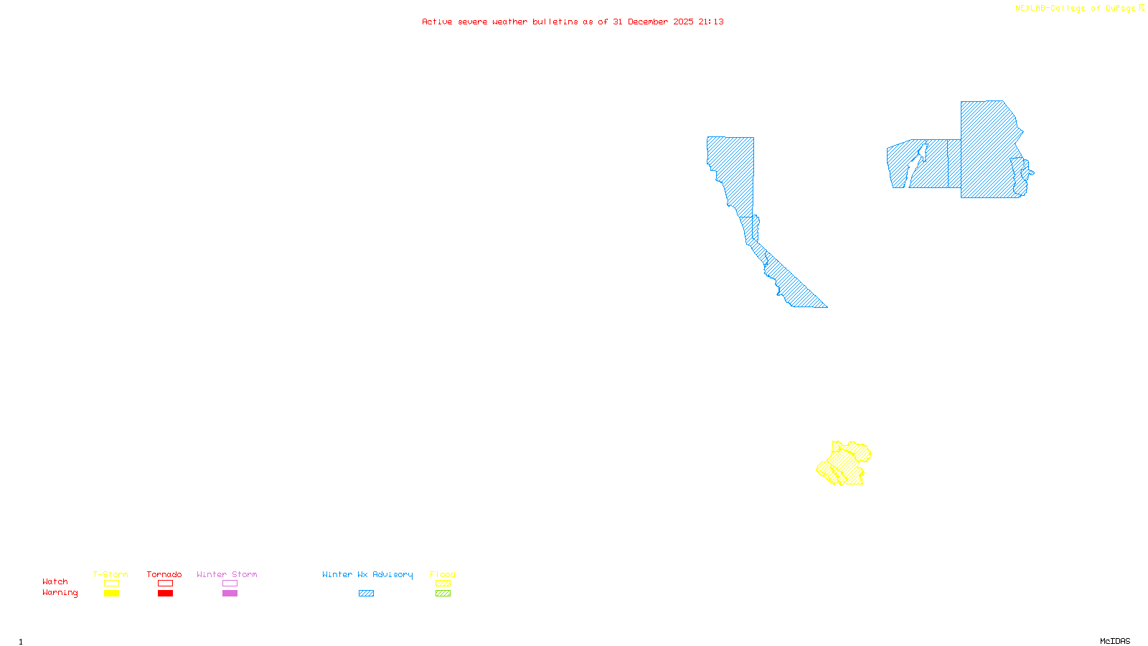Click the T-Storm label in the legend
[110, 574]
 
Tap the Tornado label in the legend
[164, 574]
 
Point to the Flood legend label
[443, 574]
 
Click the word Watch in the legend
[55, 581]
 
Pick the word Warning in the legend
[60, 593]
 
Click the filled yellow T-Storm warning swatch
[111, 594]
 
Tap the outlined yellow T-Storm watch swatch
[111, 584]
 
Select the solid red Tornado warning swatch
[165, 594]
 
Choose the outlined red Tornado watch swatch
[165, 584]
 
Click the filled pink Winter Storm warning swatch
[230, 594]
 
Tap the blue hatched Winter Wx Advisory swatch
[366, 594]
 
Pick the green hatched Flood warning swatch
[443, 594]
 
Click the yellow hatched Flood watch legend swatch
[443, 584]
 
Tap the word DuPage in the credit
[1120, 8]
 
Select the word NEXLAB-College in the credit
[1050, 8]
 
